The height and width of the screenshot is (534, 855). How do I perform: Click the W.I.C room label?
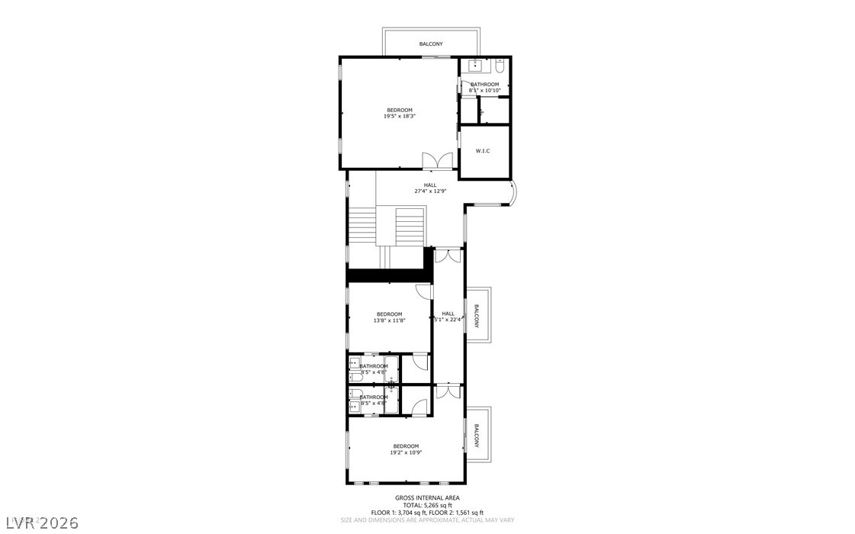coord(483,151)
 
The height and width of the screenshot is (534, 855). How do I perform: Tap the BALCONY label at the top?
coord(431,44)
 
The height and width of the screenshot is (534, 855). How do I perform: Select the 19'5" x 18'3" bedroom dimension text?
coord(399,116)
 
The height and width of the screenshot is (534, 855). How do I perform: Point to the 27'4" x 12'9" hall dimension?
coord(430,191)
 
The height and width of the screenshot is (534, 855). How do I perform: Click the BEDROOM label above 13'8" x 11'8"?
coord(389,314)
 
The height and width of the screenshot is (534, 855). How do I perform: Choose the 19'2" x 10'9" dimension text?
coord(406,452)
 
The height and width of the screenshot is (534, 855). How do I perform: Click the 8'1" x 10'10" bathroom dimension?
coord(484,91)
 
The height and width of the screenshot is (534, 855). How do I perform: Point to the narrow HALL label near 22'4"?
coord(448,314)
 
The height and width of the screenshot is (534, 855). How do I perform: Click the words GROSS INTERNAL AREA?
coord(427,497)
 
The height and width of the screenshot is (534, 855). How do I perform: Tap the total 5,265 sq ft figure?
coord(427,505)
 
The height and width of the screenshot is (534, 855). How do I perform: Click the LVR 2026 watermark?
coord(27,523)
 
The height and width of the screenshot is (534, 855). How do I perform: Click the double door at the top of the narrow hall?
coord(448,256)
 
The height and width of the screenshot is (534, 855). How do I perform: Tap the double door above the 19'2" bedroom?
coord(448,391)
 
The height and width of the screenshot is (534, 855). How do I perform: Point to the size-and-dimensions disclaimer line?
coord(427,520)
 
